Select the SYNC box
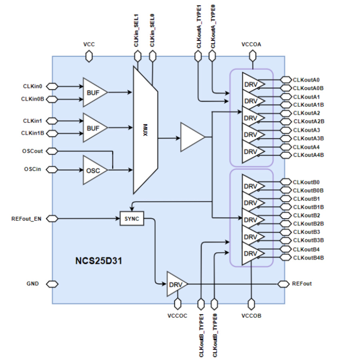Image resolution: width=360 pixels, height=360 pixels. coord(131,219)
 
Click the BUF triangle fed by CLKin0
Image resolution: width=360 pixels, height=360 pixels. coord(94,92)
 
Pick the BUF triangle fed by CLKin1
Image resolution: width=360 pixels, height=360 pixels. coord(94,128)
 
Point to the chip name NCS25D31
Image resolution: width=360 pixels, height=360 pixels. coord(98,262)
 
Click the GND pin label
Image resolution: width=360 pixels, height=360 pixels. coord(33,284)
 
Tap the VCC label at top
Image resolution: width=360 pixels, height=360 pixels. coord(89,44)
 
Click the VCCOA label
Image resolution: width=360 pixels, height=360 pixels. coord(252,44)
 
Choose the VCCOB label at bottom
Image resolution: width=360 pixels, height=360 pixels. coord(252,316)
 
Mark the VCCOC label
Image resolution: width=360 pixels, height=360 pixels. coord(178,316)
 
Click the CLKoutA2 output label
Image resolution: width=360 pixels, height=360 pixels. coord(306,113)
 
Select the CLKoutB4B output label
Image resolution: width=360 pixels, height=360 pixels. coord(308,257)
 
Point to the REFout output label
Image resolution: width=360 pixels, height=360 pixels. coord(302,284)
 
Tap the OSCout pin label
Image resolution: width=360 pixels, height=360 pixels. coord(33,151)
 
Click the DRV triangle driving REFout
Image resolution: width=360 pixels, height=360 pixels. coord(175,284)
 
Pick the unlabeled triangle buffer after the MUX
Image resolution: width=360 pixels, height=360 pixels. coord(191,137)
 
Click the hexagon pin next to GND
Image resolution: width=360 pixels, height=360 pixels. coord(52,284)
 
